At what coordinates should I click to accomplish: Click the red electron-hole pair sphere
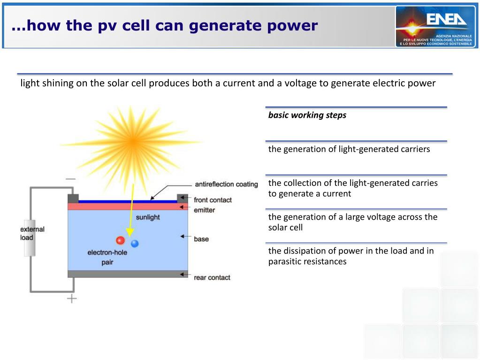click(x=121, y=240)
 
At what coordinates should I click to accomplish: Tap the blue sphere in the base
click(x=135, y=243)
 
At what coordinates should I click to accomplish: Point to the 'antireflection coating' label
click(x=226, y=184)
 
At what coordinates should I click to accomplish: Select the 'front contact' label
click(x=213, y=200)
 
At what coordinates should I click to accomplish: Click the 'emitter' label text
click(x=204, y=210)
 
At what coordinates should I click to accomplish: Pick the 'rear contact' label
click(x=212, y=277)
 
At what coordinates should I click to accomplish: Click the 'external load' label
click(x=32, y=233)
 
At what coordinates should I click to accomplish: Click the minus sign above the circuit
click(x=70, y=179)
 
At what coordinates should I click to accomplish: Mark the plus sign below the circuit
click(x=72, y=298)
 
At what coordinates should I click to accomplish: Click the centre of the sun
click(x=133, y=140)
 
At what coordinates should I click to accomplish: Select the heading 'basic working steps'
click(x=307, y=115)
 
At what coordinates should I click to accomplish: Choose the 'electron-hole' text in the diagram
click(x=107, y=253)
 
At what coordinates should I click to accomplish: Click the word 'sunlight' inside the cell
click(x=148, y=217)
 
